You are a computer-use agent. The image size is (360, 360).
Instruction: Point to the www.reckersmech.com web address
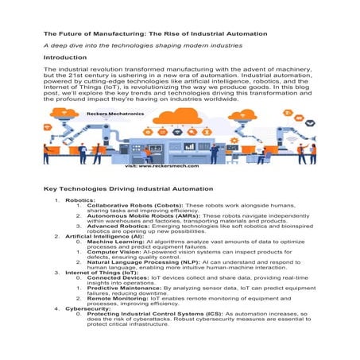click(164, 166)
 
